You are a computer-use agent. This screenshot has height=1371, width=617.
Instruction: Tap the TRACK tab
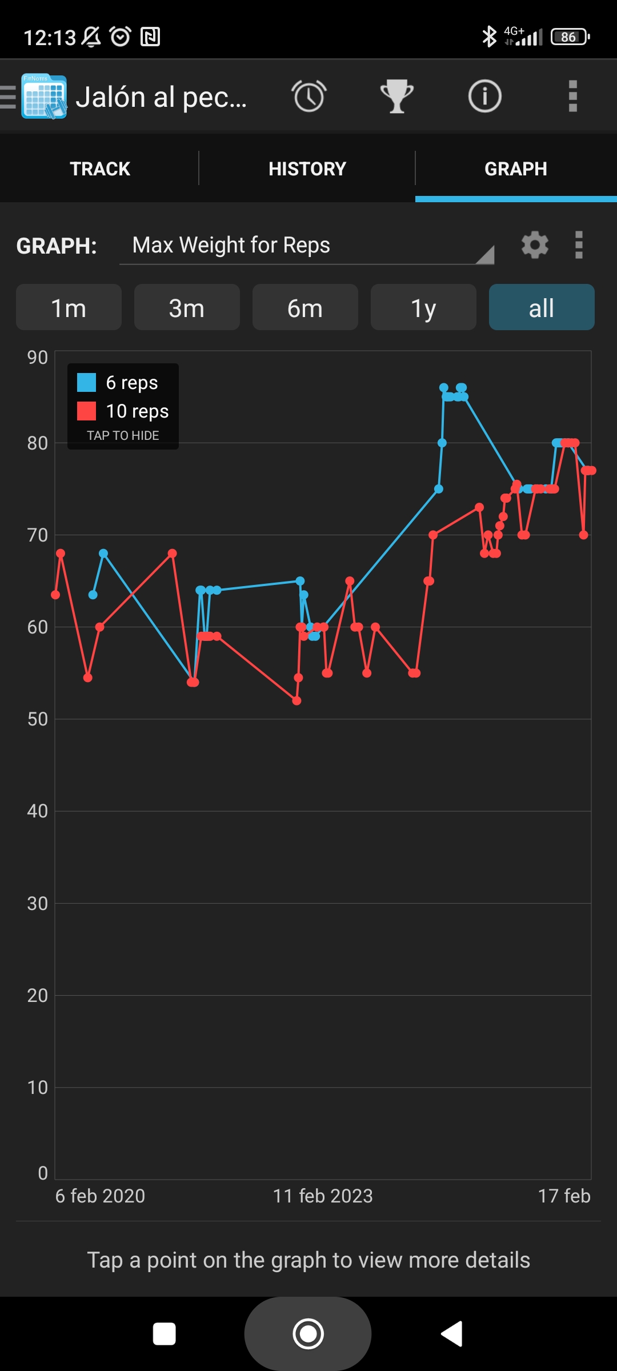click(100, 169)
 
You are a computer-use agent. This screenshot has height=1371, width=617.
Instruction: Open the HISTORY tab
click(307, 169)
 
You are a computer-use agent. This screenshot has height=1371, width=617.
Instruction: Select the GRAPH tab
click(515, 169)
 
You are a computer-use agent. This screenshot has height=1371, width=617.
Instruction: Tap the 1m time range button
click(69, 308)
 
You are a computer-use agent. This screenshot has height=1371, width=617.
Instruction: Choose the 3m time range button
click(187, 308)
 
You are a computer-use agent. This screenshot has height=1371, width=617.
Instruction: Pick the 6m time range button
click(305, 308)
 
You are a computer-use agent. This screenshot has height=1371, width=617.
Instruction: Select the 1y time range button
click(423, 308)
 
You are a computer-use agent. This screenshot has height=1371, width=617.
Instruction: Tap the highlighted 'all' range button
click(541, 308)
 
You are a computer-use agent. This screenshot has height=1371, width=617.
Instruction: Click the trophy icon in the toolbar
click(397, 96)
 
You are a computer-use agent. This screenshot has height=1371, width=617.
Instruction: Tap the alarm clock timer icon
click(309, 96)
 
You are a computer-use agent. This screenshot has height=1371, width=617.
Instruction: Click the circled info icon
click(484, 96)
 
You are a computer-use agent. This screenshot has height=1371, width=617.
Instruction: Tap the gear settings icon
click(535, 245)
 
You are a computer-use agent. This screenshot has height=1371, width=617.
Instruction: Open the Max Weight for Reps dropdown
click(307, 246)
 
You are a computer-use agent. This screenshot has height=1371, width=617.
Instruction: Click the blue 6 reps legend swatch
click(87, 382)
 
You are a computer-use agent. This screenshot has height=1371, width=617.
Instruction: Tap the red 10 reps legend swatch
click(87, 411)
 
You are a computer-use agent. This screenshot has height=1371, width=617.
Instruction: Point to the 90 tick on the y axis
click(38, 358)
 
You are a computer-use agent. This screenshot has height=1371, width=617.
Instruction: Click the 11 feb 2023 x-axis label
click(323, 1196)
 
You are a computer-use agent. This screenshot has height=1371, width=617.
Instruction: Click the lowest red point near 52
click(297, 700)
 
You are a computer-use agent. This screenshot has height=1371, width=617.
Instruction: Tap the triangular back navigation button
click(452, 1334)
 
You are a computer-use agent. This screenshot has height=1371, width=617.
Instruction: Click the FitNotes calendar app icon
click(44, 96)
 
